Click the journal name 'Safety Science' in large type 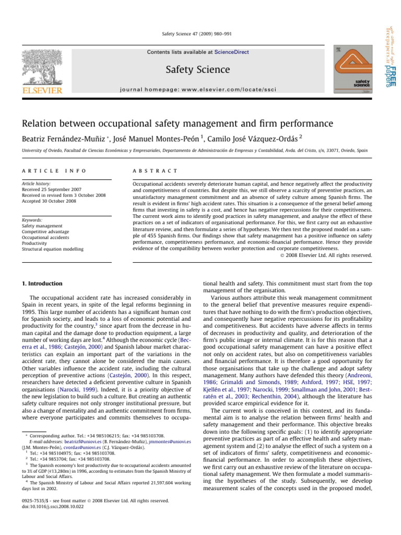point(198,69)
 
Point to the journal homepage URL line point(198,89)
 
